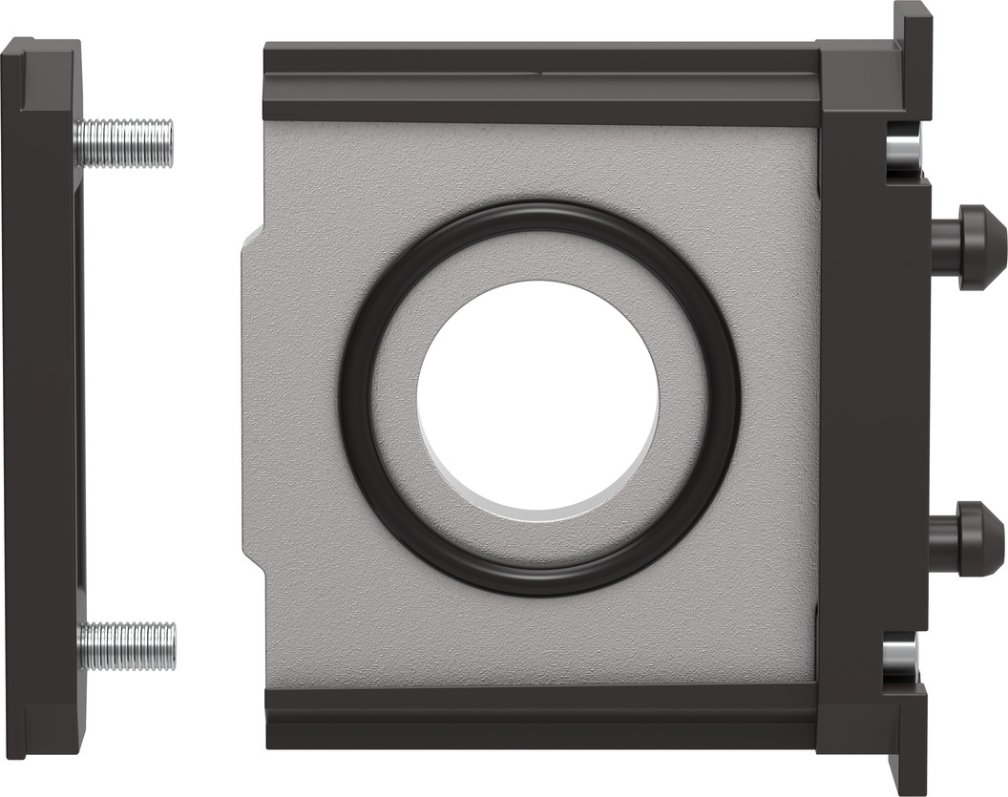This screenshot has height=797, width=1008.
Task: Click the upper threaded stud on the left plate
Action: pyautogui.click(x=124, y=143)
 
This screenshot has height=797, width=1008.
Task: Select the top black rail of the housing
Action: pyautogui.click(x=539, y=83)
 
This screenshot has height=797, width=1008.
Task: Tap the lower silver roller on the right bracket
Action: pyautogui.click(x=902, y=658)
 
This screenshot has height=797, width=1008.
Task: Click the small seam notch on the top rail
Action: pyautogui.click(x=541, y=71)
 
